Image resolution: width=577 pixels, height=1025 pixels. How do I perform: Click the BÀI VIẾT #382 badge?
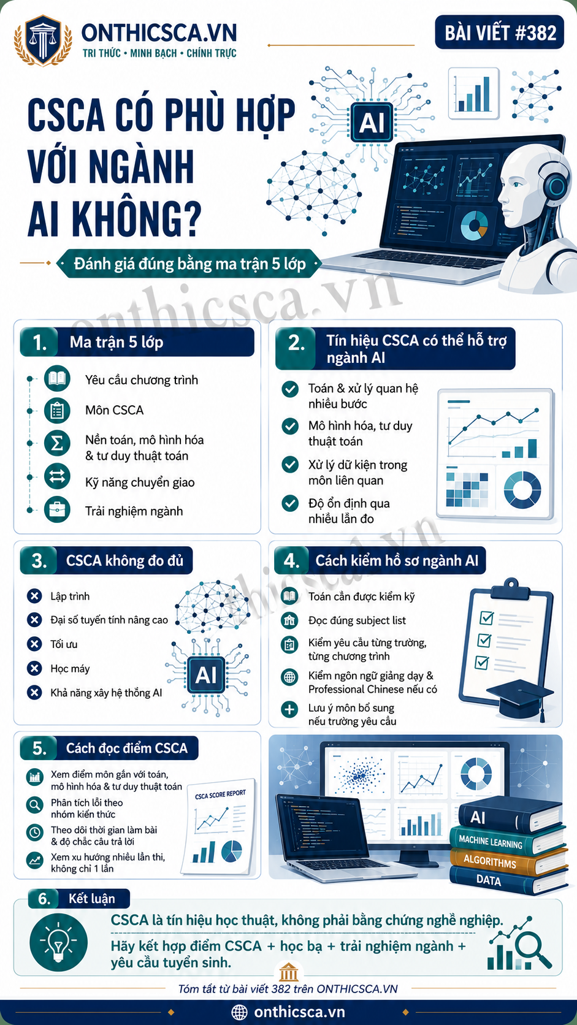click(x=499, y=32)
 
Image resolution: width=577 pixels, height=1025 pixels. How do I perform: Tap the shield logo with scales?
click(x=43, y=40)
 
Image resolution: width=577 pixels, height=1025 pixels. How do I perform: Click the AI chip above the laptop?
click(x=372, y=122)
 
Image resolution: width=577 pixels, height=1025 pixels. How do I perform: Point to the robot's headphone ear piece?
click(x=556, y=185)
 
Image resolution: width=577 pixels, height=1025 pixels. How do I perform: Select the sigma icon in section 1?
click(x=57, y=443)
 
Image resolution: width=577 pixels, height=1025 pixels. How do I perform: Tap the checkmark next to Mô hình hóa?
click(x=289, y=426)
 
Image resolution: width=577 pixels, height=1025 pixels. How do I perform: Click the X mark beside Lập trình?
click(x=34, y=596)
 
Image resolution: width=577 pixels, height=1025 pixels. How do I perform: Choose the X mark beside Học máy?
click(x=34, y=668)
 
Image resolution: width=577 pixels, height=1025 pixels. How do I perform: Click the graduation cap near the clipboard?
click(x=519, y=698)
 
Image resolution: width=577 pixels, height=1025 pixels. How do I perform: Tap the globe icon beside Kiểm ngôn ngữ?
click(x=289, y=677)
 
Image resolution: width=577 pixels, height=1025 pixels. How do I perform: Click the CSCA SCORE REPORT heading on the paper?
click(x=220, y=794)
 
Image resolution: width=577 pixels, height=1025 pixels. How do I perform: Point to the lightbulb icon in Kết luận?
click(x=59, y=943)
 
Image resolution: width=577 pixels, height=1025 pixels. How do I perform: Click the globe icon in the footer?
click(x=239, y=1012)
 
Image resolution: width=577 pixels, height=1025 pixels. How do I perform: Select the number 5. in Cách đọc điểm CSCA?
click(x=39, y=748)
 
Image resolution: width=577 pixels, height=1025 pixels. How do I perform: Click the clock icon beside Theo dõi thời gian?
click(x=34, y=832)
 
